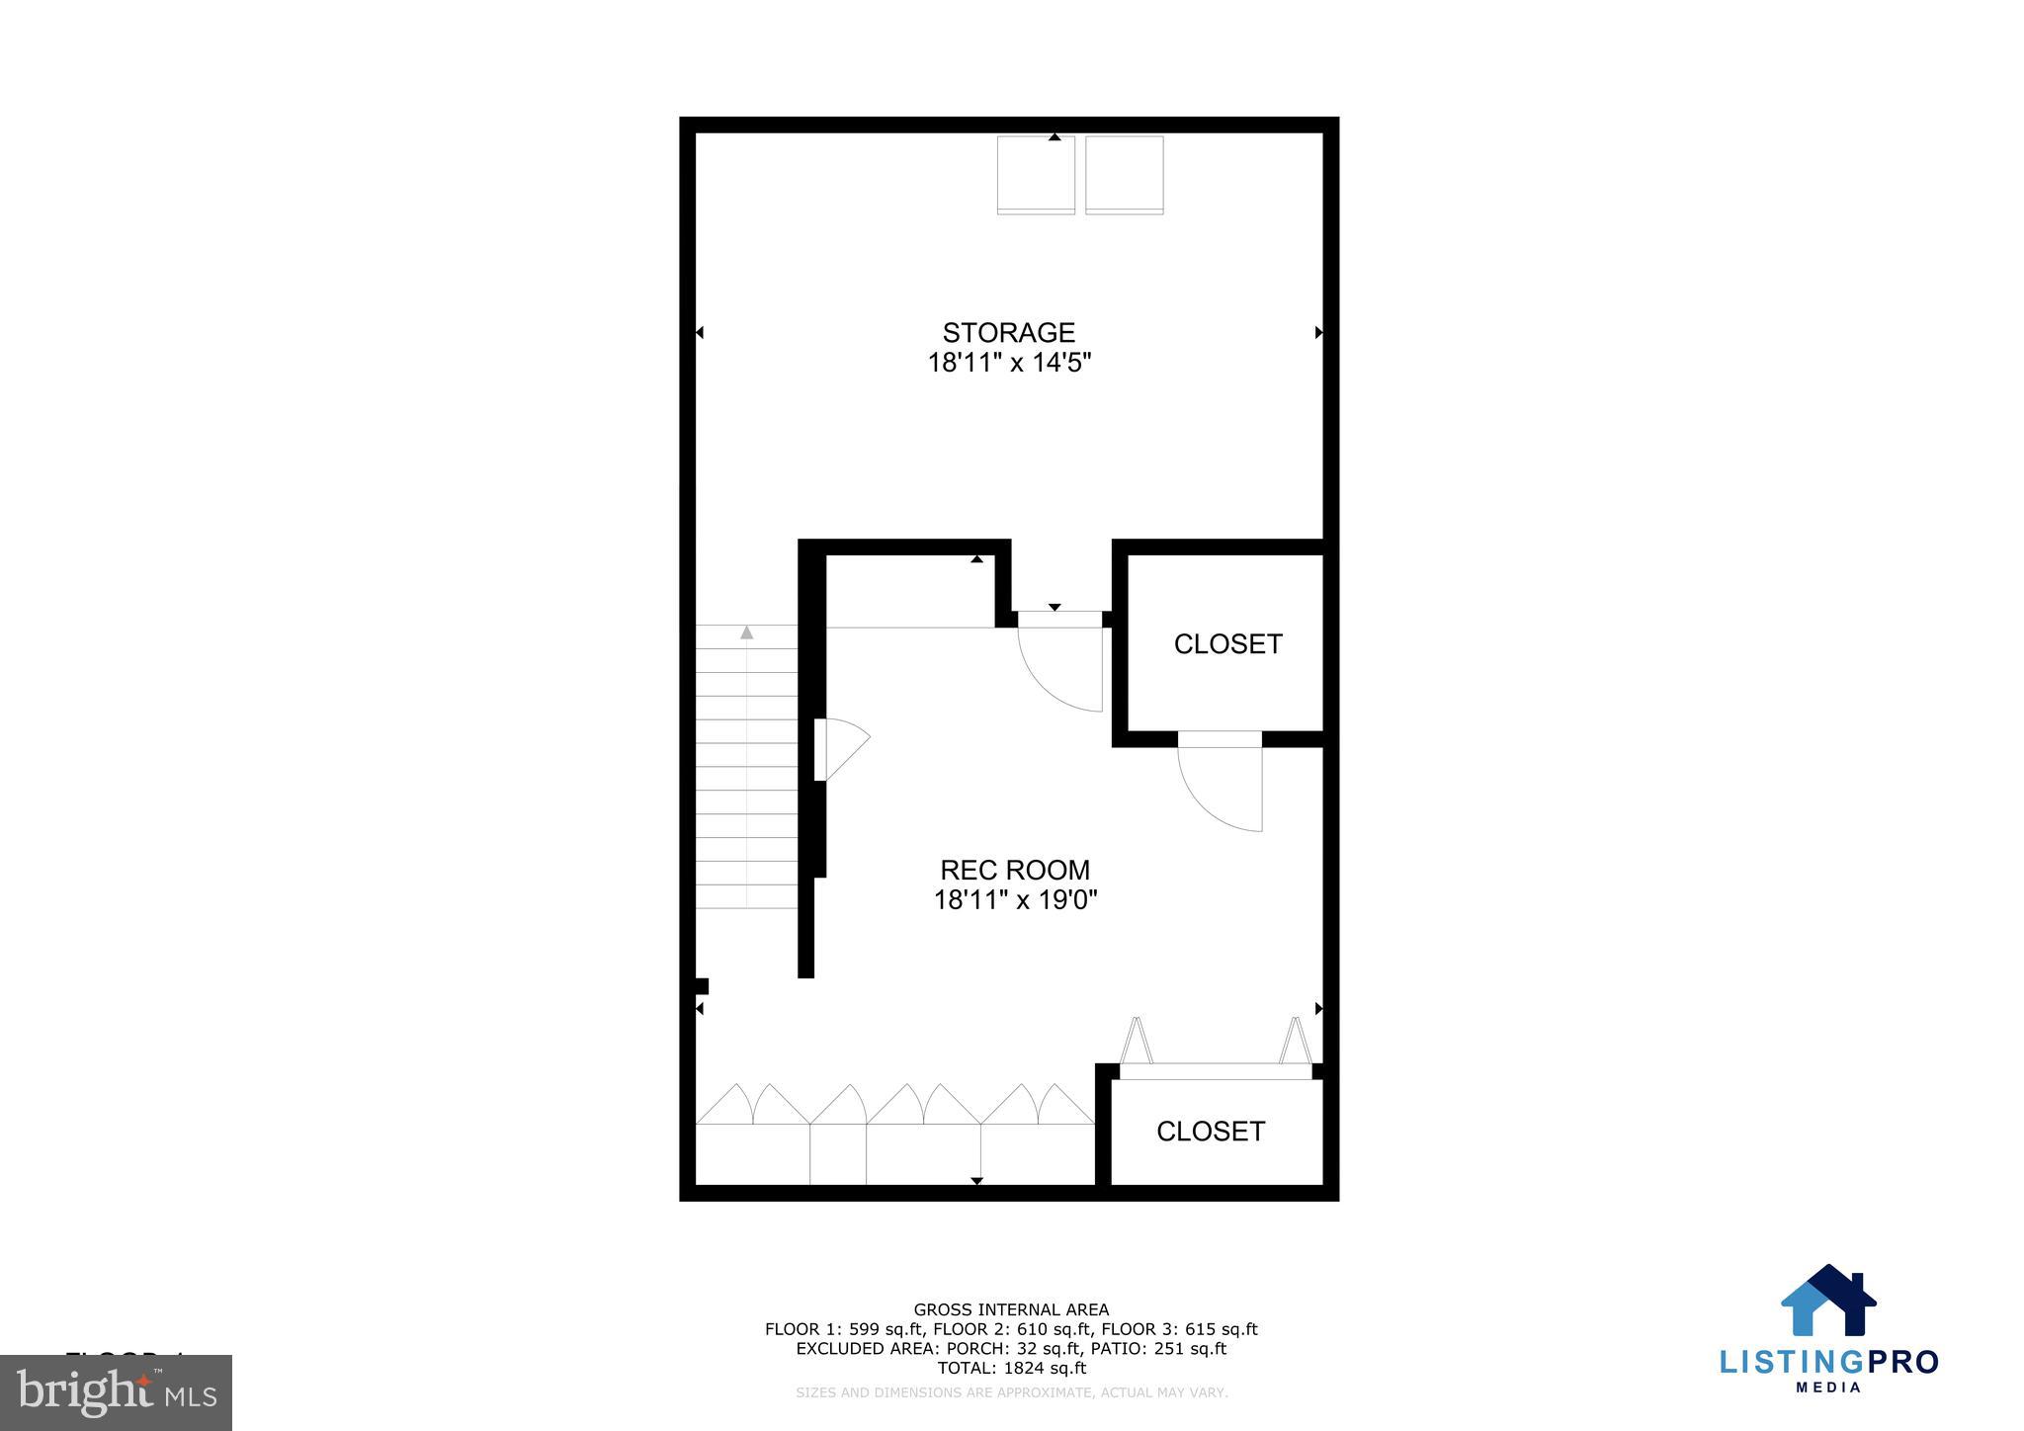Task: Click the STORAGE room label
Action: (1008, 332)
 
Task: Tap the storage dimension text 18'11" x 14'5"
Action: (1008, 363)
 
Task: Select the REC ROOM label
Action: (1014, 870)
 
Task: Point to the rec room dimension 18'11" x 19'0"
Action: (1015, 900)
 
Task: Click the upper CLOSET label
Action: (1227, 644)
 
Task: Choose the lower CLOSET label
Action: (1211, 1132)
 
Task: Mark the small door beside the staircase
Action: (840, 748)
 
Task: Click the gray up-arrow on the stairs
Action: (747, 632)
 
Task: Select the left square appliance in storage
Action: (1036, 175)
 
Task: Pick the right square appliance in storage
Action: (1124, 175)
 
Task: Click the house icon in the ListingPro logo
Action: (1828, 1302)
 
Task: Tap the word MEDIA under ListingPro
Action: (1828, 1388)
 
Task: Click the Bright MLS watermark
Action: (117, 1392)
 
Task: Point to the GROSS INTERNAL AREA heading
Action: (1011, 1310)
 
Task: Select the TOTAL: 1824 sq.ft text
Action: (1011, 1369)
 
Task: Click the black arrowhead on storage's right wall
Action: (1318, 333)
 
